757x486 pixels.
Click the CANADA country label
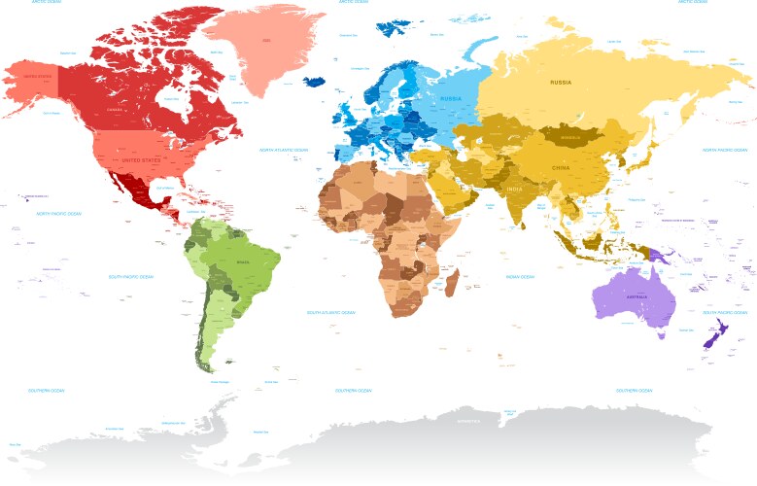pyautogui.click(x=116, y=110)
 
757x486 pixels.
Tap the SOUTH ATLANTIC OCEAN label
pyautogui.click(x=331, y=313)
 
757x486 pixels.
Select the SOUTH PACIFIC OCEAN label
pyautogui.click(x=131, y=276)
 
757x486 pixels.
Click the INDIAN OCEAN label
pyautogui.click(x=520, y=277)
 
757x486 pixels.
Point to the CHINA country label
pyautogui.click(x=562, y=166)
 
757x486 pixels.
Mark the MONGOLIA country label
pyautogui.click(x=571, y=137)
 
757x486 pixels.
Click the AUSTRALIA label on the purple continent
pyautogui.click(x=637, y=296)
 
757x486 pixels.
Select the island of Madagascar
pyautogui.click(x=451, y=282)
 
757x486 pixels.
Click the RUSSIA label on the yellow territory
pyautogui.click(x=562, y=83)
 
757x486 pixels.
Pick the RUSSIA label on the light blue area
pyautogui.click(x=451, y=98)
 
